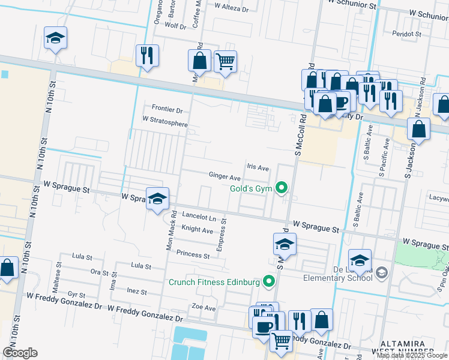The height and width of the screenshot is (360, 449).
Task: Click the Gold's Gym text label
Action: click(x=251, y=189)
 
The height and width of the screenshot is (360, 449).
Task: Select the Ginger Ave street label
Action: click(x=224, y=177)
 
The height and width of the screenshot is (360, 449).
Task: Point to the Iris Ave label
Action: click(x=258, y=168)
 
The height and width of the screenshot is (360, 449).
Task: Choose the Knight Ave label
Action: click(x=197, y=230)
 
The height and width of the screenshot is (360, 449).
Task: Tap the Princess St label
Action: click(x=193, y=255)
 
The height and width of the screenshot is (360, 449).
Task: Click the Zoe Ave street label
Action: click(x=203, y=308)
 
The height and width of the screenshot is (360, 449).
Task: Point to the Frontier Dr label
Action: click(x=167, y=109)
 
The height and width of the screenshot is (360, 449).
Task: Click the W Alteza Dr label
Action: click(x=231, y=9)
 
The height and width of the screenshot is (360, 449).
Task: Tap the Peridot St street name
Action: click(x=407, y=34)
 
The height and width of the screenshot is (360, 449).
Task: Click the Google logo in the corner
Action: click(x=20, y=353)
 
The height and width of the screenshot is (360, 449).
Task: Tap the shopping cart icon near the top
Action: click(x=225, y=61)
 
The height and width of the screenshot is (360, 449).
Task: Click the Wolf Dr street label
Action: click(x=175, y=26)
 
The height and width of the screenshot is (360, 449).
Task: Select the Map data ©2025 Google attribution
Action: click(x=412, y=355)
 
